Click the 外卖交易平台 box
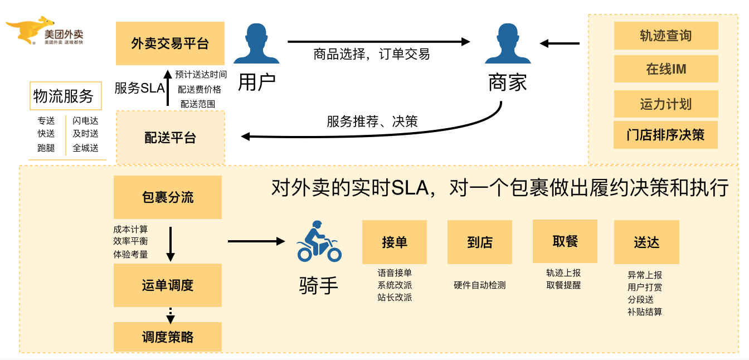tap(170, 43)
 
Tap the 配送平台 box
tap(170, 138)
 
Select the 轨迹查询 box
tap(665, 36)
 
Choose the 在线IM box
tap(665, 69)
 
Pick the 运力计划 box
tap(665, 104)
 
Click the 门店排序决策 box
tap(665, 135)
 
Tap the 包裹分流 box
tap(167, 197)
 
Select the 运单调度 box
tap(167, 285)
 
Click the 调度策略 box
tap(167, 337)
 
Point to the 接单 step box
tap(394, 242)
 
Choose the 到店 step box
tap(479, 242)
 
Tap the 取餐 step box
tap(565, 241)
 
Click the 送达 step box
tap(646, 242)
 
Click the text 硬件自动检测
tap(479, 285)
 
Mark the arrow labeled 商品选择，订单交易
tap(378, 41)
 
